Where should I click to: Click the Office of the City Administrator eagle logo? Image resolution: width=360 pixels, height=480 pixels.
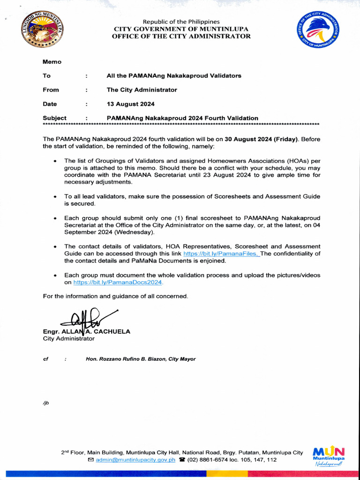click(318, 29)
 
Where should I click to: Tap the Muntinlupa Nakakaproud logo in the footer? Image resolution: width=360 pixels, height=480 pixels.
click(329, 454)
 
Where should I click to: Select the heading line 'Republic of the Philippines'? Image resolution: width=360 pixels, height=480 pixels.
click(181, 22)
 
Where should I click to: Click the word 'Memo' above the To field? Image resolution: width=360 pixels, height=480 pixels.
click(52, 62)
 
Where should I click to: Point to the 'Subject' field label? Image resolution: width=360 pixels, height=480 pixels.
click(55, 118)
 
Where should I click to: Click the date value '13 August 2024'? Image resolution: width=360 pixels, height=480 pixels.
click(130, 104)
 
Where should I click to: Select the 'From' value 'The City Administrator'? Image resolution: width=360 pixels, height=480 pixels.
click(142, 90)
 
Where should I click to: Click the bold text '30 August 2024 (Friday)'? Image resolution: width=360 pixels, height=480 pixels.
click(261, 139)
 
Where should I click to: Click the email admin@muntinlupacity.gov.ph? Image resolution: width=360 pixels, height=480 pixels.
click(135, 460)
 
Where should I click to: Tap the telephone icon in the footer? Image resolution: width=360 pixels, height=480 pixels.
click(182, 460)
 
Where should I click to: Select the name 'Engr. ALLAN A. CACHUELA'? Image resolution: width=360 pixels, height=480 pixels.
click(87, 331)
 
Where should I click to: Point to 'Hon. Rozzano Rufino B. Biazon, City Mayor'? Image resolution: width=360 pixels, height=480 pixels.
click(141, 359)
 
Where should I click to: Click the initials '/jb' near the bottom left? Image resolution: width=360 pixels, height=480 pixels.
click(46, 403)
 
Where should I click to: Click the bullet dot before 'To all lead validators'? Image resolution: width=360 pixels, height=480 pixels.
click(55, 197)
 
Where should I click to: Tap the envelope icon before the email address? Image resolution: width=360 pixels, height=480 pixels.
click(91, 460)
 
